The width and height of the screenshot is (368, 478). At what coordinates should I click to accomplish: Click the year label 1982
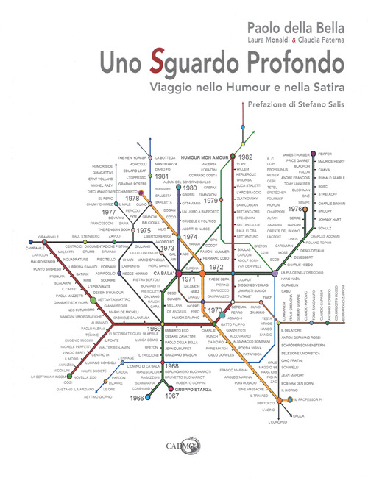[246, 157]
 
